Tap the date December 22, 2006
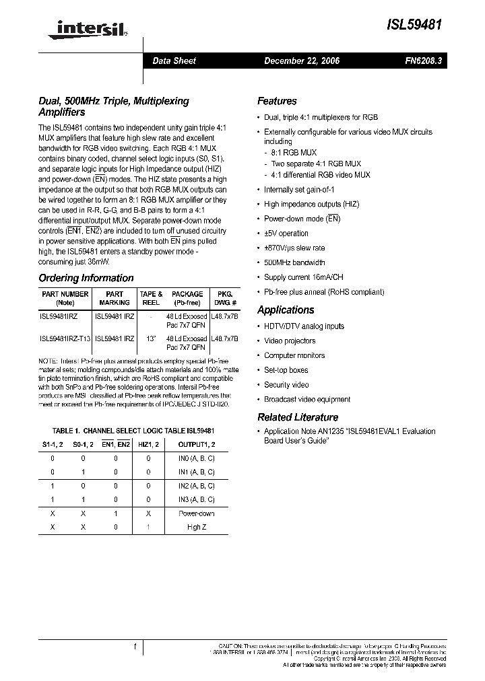[301, 61]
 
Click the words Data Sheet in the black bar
[174, 61]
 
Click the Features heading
[277, 101]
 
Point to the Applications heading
[286, 310]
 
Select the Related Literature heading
[298, 417]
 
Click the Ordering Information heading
[86, 278]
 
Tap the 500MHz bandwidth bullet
[294, 262]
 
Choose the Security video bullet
[286, 385]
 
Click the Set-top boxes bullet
[286, 370]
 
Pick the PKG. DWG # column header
[224, 298]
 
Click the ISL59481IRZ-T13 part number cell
[65, 338]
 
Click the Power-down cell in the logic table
[196, 513]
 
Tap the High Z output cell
[196, 528]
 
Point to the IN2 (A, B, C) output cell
[196, 485]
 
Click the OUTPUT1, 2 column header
[196, 444]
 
